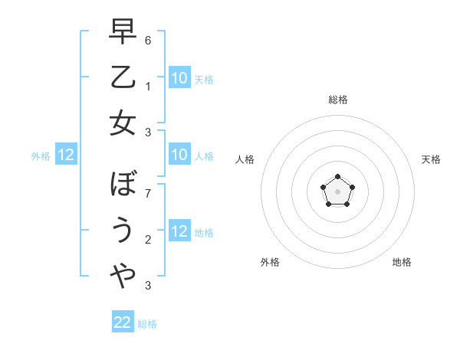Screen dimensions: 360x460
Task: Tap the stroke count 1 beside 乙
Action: click(x=147, y=87)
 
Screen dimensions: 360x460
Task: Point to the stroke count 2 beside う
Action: click(x=147, y=240)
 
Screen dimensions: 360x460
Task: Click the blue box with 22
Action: click(x=123, y=322)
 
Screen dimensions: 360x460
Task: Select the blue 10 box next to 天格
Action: click(x=179, y=77)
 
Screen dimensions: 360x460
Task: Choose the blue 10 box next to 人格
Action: click(x=179, y=155)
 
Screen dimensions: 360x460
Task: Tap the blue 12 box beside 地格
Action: click(x=179, y=232)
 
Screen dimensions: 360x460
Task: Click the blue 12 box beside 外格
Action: click(x=66, y=155)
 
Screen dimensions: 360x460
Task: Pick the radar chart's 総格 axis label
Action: click(x=337, y=100)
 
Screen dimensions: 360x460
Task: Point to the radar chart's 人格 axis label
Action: click(x=245, y=159)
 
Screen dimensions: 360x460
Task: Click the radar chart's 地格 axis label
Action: click(x=402, y=262)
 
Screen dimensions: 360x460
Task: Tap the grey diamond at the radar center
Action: click(x=337, y=191)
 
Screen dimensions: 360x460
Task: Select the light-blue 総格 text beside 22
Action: click(x=147, y=324)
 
